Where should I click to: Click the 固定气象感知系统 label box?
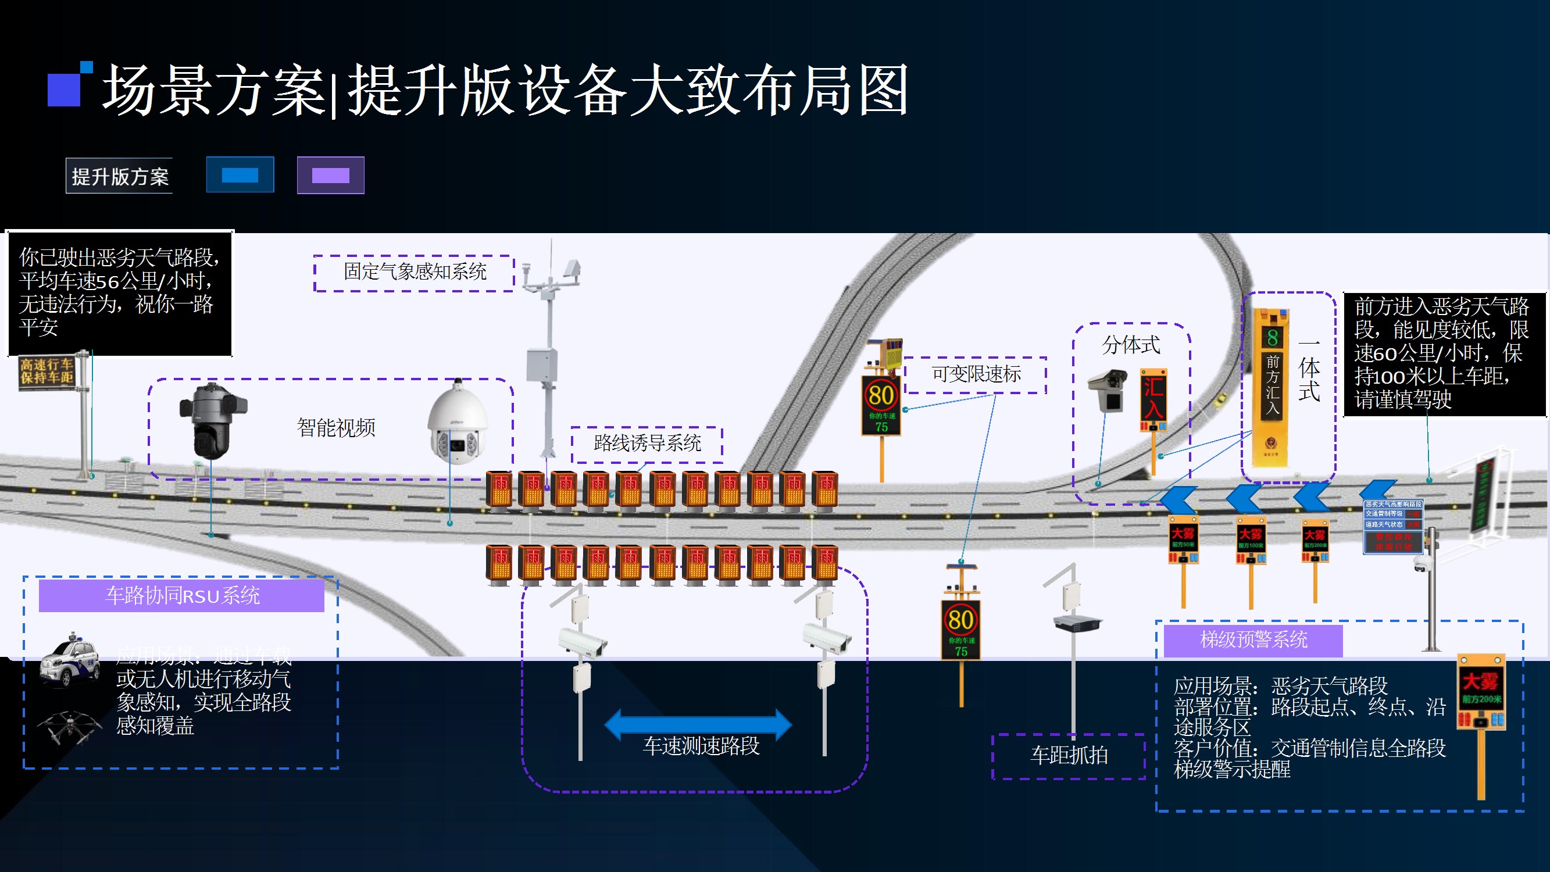tap(414, 273)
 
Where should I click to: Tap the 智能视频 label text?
tap(335, 428)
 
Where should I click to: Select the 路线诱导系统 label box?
tap(647, 444)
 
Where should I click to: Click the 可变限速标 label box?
tap(976, 375)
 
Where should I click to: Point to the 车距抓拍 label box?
tap(1069, 756)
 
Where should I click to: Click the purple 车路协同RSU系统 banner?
tap(181, 595)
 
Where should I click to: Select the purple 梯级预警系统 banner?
tap(1253, 639)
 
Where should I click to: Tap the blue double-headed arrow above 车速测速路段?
tap(698, 724)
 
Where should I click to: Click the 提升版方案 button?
tap(119, 176)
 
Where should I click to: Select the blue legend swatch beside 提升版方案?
tap(240, 175)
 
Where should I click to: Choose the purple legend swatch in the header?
tap(330, 175)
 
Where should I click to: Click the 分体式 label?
tap(1131, 345)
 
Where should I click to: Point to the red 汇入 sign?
tap(1153, 398)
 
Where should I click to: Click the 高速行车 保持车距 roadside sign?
tap(47, 371)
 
